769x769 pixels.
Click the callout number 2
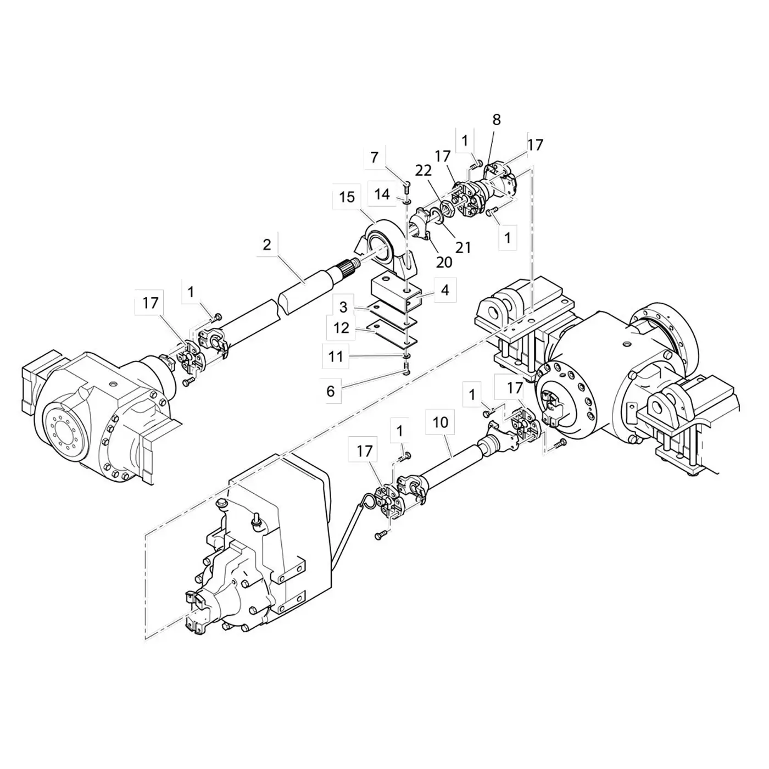(x=267, y=245)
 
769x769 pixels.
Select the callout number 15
(x=347, y=197)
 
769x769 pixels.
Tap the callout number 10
(x=440, y=422)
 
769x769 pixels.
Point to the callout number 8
(x=497, y=120)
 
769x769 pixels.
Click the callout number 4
(x=445, y=289)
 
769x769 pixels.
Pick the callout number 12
(x=341, y=328)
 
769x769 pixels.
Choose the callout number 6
(x=331, y=391)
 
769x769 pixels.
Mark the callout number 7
(x=374, y=158)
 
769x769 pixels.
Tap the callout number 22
(x=423, y=170)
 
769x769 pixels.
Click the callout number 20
(x=444, y=262)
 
